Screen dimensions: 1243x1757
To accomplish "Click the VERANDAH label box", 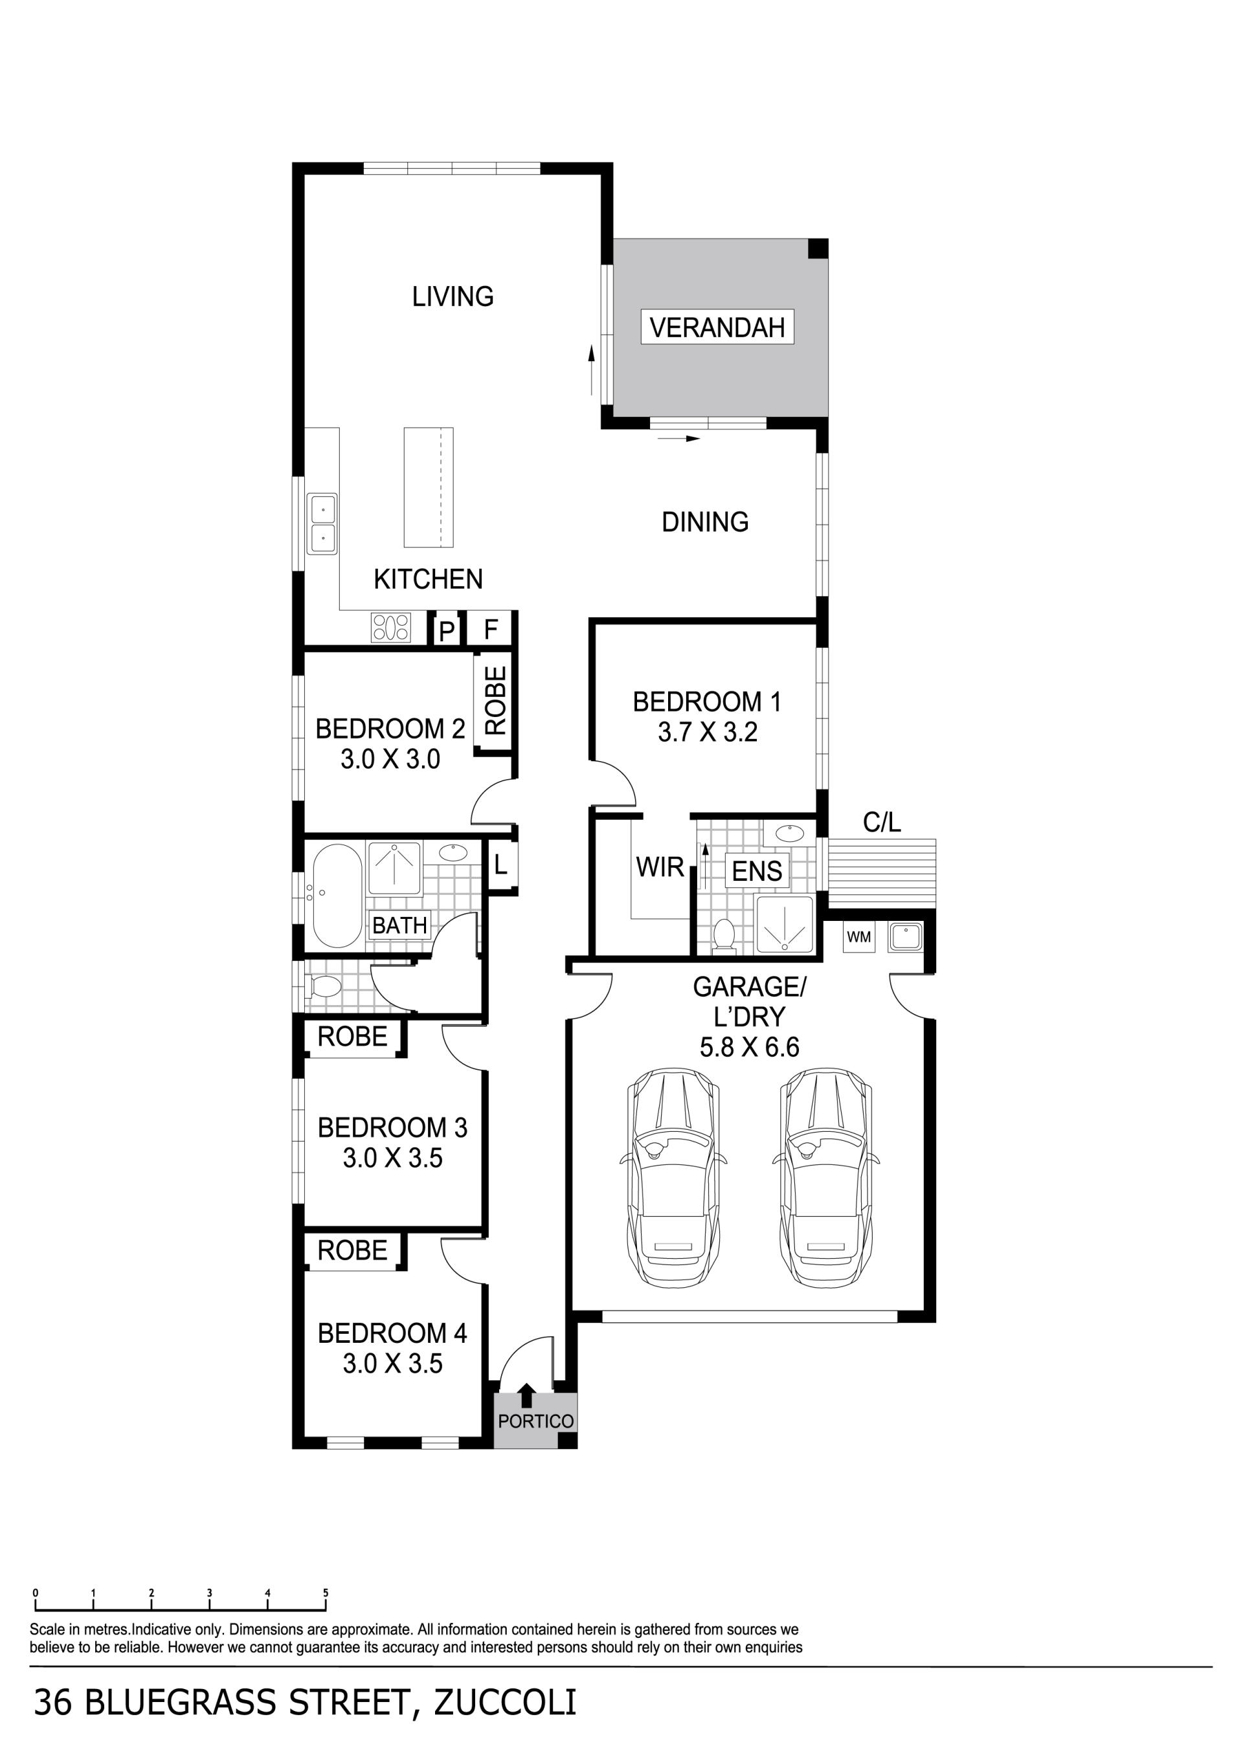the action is coord(717,327).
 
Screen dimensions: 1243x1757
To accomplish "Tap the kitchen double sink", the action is coord(322,524).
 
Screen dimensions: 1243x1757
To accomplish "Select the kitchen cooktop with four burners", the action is coord(391,628).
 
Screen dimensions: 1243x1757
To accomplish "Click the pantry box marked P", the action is coord(446,630).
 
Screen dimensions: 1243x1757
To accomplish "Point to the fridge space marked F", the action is coord(491,629).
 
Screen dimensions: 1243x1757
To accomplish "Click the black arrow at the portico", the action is coord(526,1396).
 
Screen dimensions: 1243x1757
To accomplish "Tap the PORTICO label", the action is coord(536,1421).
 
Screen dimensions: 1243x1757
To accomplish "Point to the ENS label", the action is coord(757,871).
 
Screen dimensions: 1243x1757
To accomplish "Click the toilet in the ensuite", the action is coord(723,938).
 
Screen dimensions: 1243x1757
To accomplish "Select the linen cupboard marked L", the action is coord(500,865).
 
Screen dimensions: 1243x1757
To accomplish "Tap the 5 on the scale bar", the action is coord(325,1593).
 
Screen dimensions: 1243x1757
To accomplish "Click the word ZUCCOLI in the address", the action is coord(505,1703).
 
